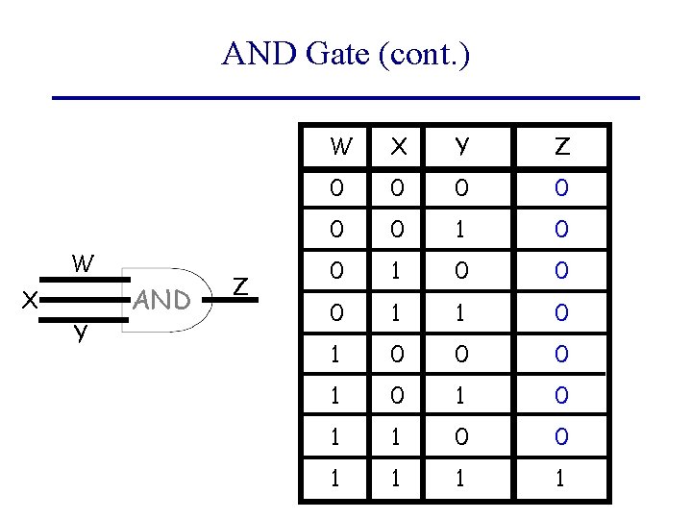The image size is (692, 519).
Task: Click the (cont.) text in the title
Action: (x=424, y=55)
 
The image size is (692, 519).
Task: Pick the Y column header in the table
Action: (x=462, y=147)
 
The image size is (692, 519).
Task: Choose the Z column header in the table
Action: (x=562, y=147)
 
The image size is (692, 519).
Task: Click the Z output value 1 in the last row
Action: (x=562, y=479)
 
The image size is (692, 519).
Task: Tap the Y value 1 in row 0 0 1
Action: (x=462, y=231)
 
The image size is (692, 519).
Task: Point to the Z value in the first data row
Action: (x=562, y=188)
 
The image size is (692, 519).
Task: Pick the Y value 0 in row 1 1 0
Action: (x=462, y=437)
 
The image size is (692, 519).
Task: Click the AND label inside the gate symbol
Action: (x=162, y=301)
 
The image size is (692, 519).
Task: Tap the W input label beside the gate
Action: (x=83, y=263)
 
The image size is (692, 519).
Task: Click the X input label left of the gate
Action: (x=30, y=301)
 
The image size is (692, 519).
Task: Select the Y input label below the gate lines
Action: (x=81, y=334)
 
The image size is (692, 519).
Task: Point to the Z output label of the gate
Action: (x=242, y=285)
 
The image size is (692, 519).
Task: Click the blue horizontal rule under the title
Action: (x=345, y=98)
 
